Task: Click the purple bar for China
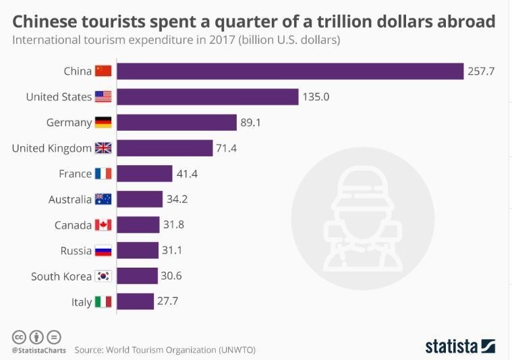click(291, 71)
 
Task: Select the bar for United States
click(208, 96)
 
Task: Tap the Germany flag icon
click(103, 123)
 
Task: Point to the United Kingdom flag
click(103, 148)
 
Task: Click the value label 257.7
click(481, 71)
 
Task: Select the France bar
click(145, 174)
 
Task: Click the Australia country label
click(70, 200)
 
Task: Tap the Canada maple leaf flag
click(103, 225)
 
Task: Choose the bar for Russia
click(138, 251)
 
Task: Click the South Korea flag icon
click(103, 276)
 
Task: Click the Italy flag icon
click(103, 302)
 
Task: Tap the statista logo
click(460, 346)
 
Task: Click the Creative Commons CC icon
click(19, 336)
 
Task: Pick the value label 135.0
click(316, 96)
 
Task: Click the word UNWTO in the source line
click(237, 351)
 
